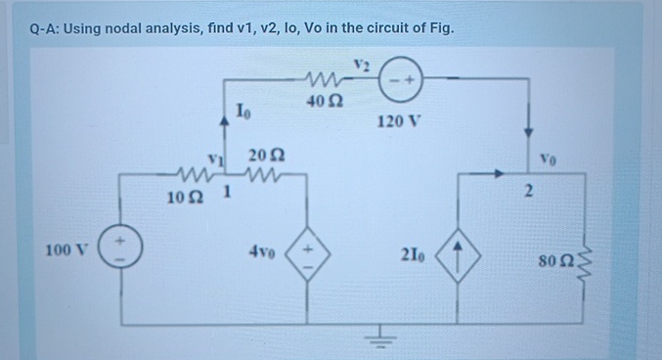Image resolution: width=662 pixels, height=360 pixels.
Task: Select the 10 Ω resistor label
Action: pos(184,198)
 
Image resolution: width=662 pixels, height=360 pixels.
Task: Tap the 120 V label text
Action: pos(397,125)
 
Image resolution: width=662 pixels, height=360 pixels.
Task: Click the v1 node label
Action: pos(212,156)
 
